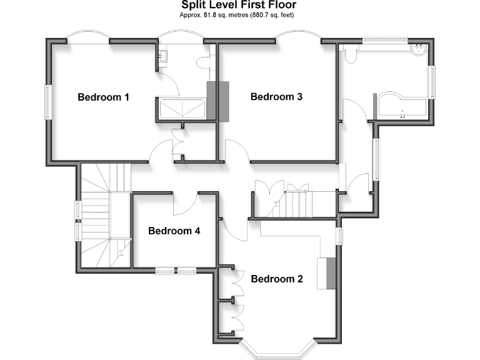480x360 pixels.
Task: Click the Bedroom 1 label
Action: [x=103, y=97]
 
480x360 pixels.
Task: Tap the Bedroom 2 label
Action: [x=277, y=279]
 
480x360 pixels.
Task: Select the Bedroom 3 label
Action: [x=276, y=97]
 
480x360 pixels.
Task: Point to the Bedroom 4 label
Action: [x=174, y=231]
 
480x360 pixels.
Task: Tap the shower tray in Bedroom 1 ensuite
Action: [x=182, y=109]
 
